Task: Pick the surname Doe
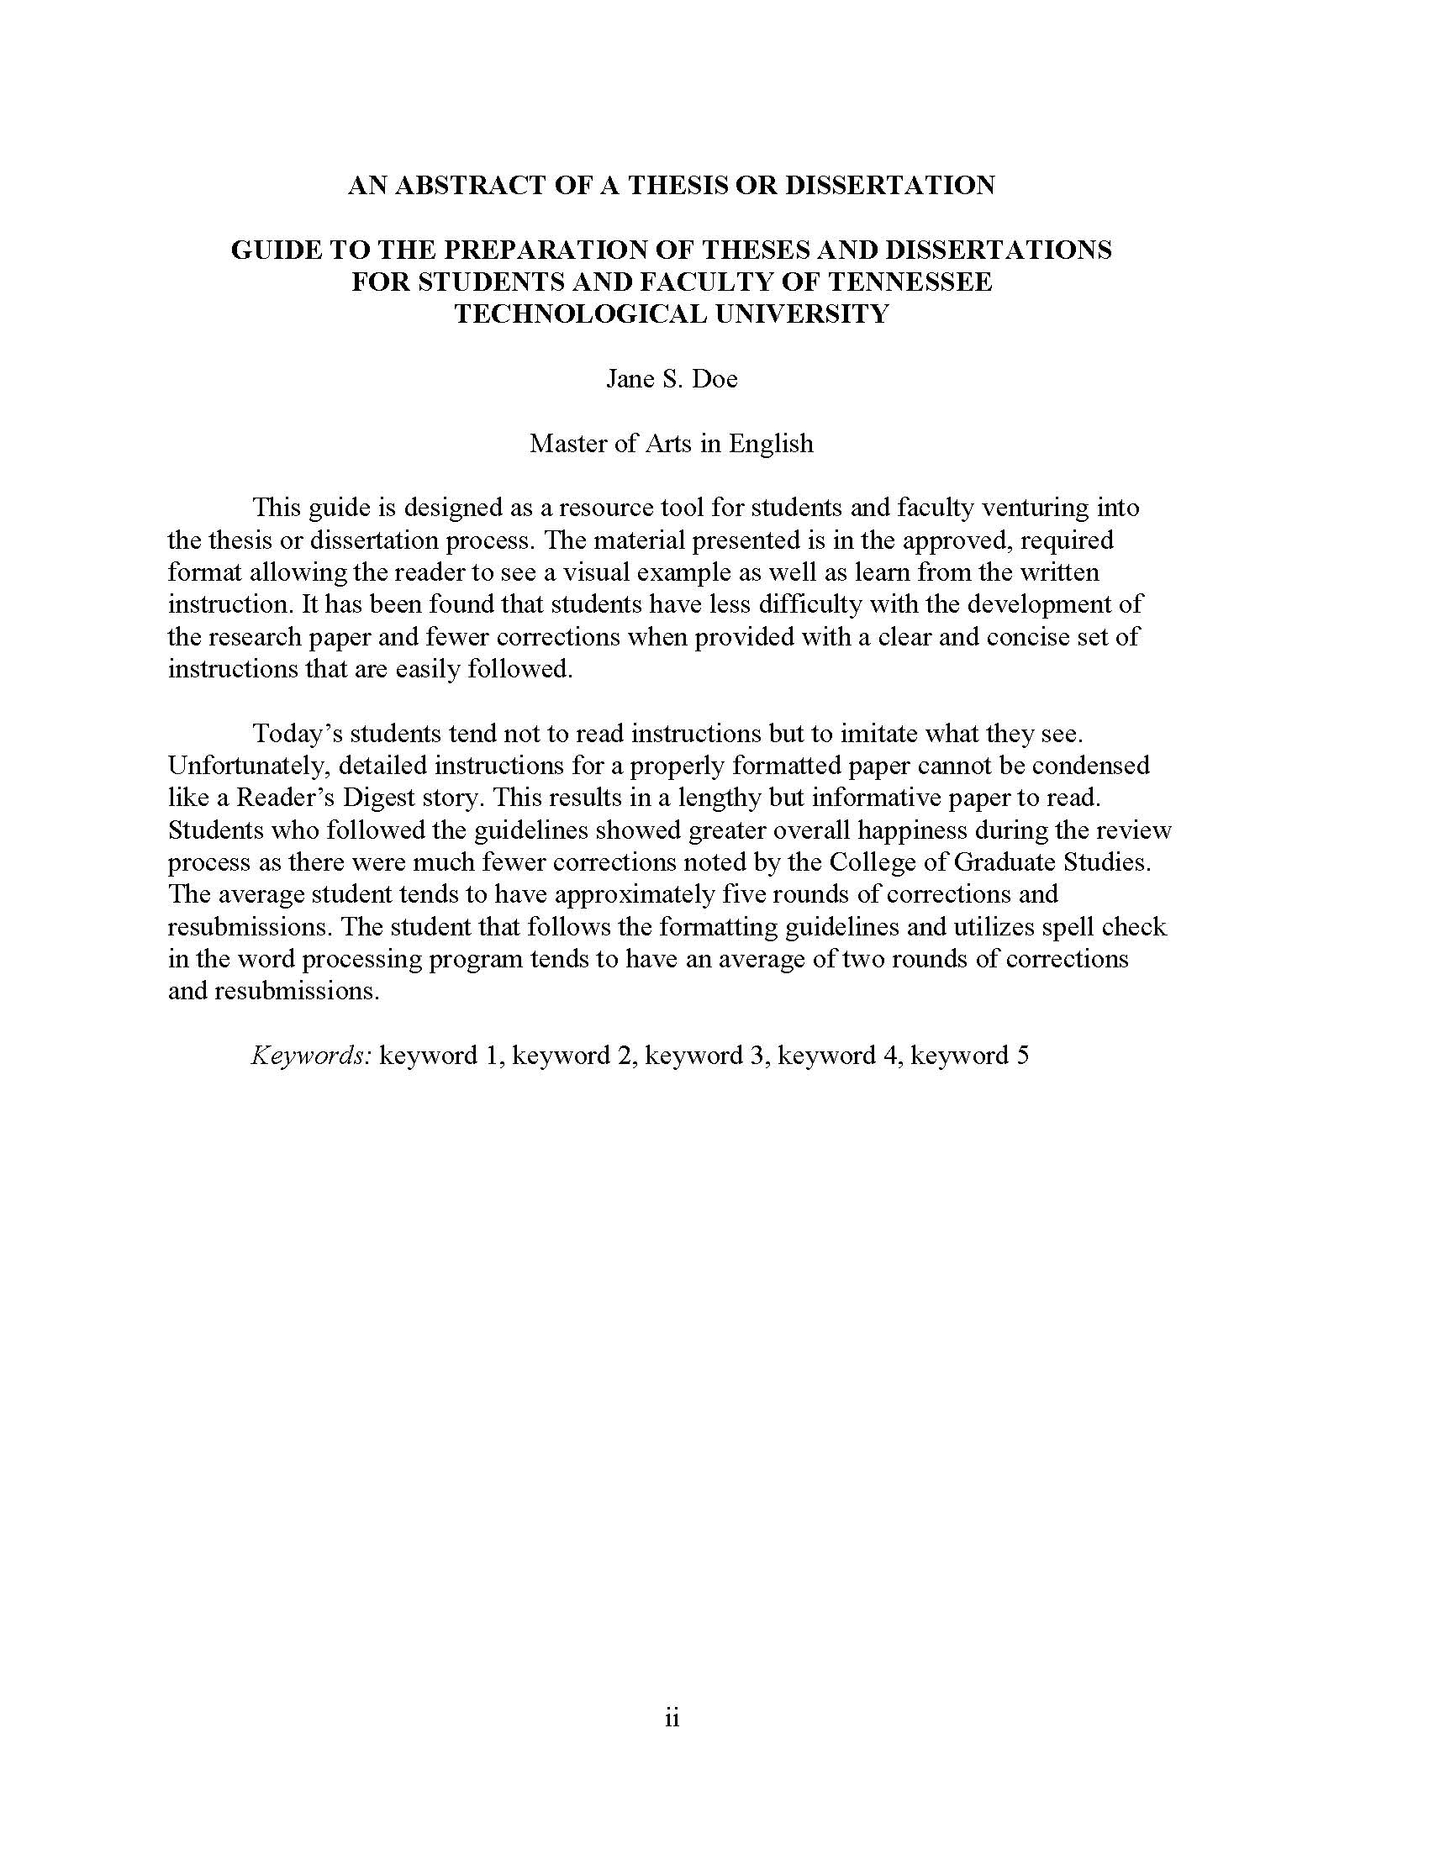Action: tap(714, 378)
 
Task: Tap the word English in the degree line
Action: tap(771, 444)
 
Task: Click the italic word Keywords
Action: tap(312, 1056)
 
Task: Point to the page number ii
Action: tap(672, 1719)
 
